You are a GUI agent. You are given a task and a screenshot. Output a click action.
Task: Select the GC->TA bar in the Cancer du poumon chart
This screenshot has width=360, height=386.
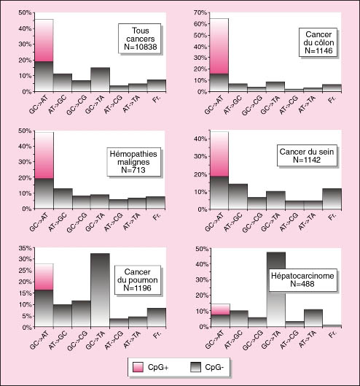tap(100, 290)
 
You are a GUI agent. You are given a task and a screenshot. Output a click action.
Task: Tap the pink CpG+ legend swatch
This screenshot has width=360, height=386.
tap(138, 367)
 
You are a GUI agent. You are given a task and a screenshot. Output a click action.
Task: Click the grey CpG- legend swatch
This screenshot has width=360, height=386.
tap(195, 367)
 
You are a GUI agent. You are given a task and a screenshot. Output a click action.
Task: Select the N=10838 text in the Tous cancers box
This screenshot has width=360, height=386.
tap(141, 47)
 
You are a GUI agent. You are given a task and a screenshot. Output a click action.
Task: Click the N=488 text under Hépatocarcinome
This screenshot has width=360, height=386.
tap(302, 284)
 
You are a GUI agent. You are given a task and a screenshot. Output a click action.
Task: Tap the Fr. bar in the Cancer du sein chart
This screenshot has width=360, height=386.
tap(332, 199)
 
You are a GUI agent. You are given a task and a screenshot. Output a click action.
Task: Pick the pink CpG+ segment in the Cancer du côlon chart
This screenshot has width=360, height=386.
tap(219, 46)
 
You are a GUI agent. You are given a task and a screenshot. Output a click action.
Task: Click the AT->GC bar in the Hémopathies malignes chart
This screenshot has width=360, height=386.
tap(63, 198)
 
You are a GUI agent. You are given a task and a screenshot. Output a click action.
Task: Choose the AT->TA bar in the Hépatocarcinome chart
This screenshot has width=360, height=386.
tap(313, 318)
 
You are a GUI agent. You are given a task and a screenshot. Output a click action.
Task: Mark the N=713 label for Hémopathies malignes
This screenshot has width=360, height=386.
tap(133, 170)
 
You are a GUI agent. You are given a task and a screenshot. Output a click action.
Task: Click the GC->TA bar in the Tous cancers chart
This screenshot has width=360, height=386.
tap(100, 80)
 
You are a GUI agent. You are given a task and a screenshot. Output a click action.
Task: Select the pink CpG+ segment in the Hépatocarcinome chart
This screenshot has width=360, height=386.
tap(221, 309)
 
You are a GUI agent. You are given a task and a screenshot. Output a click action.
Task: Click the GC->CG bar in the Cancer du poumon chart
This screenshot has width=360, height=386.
tap(82, 314)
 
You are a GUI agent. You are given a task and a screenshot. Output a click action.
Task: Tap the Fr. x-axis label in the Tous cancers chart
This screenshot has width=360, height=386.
tap(157, 99)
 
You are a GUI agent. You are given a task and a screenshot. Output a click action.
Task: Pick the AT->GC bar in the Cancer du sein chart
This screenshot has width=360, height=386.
tap(238, 196)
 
